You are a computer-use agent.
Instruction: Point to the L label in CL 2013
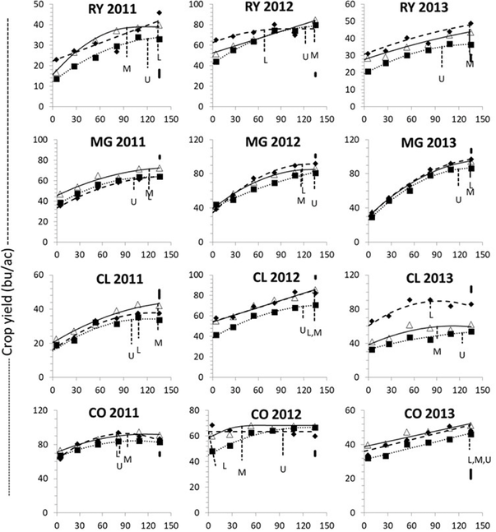[430, 313]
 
